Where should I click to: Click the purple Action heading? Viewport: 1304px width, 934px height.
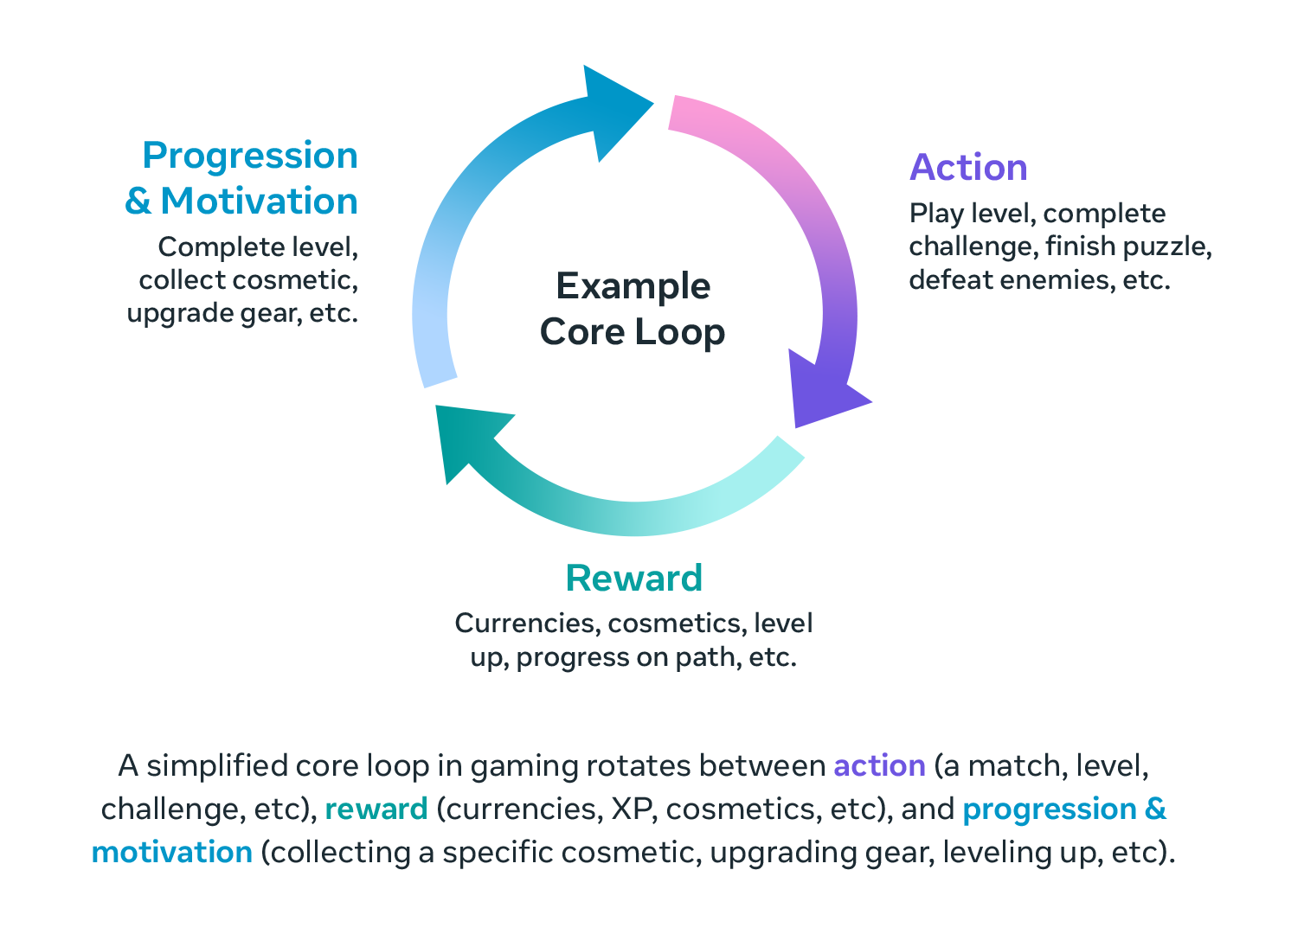click(968, 168)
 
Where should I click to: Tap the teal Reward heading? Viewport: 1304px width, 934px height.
click(633, 578)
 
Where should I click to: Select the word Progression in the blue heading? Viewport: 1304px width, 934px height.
click(250, 156)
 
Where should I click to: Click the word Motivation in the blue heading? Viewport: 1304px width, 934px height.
click(259, 202)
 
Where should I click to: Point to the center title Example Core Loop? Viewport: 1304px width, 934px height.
click(633, 309)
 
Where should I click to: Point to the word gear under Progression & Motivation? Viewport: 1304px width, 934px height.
click(267, 313)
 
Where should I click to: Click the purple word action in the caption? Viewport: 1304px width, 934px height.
click(879, 766)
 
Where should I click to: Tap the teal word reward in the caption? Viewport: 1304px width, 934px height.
click(376, 809)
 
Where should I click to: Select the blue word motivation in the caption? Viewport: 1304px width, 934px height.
click(171, 853)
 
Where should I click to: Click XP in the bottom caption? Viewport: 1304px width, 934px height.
click(634, 809)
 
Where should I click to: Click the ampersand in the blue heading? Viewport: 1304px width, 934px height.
click(138, 202)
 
